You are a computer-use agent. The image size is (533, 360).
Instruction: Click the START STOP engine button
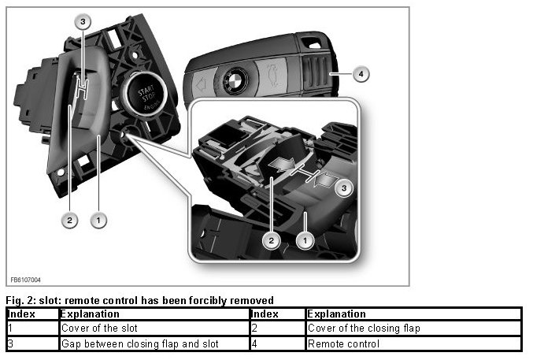coord(145,95)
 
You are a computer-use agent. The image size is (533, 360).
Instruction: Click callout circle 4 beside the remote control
coord(361,74)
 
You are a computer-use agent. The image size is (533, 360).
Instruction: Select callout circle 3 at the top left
coord(83,22)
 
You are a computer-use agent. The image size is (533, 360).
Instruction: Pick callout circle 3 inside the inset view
coord(344,188)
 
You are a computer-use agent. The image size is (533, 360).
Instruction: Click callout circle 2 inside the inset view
coord(271,241)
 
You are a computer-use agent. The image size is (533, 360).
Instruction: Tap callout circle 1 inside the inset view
coord(305,241)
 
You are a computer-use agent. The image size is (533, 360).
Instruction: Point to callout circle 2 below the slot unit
coord(70,221)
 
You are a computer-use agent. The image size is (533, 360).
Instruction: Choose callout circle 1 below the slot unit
coord(98,221)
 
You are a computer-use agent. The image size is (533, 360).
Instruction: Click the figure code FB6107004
coord(25,280)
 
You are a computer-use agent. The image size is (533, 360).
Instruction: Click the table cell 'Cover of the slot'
coord(154,328)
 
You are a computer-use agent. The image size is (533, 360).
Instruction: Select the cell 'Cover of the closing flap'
coord(413,328)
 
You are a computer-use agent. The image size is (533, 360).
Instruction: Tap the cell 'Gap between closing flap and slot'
coord(154,343)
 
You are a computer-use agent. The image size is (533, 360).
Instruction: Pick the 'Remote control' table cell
coord(413,343)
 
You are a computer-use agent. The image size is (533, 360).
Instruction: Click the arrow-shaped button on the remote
coord(202,85)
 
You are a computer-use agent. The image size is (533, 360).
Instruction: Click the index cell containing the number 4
coord(278,343)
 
